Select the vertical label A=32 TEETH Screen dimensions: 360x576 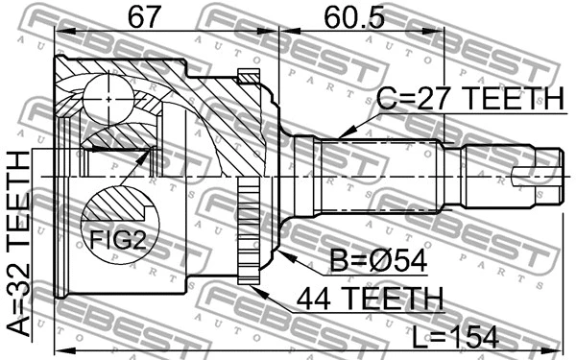pos(18,254)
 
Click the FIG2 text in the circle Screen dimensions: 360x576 pos(118,242)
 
